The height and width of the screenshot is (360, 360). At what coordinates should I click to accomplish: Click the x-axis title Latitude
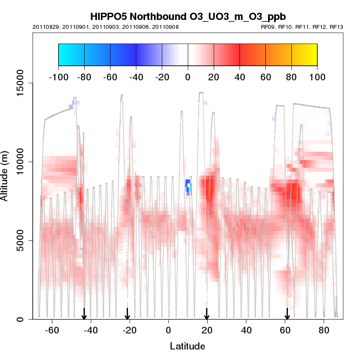(x=187, y=346)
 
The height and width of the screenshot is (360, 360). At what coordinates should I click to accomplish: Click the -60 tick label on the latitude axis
(x=52, y=331)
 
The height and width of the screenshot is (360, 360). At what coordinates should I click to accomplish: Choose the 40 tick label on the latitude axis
(x=246, y=331)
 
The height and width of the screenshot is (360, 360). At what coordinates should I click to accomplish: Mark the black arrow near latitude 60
(x=287, y=313)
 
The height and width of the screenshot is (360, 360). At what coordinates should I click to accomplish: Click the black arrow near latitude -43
(x=84, y=313)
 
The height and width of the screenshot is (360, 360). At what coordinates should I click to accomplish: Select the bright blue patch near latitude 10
(x=188, y=186)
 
